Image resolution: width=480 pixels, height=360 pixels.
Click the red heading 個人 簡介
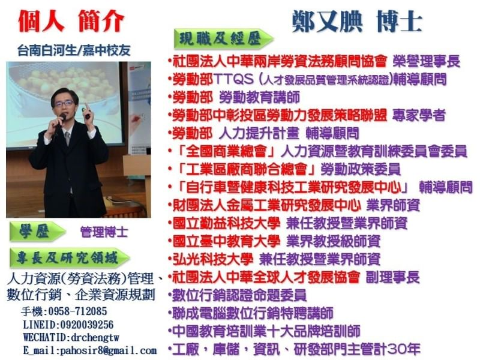pos(71,21)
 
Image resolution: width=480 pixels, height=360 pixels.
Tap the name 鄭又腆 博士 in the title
pos(357,22)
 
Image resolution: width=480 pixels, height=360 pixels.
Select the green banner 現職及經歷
pos(223,39)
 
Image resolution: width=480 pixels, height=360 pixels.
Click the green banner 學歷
pos(37,232)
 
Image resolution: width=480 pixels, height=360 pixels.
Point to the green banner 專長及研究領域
pos(70,258)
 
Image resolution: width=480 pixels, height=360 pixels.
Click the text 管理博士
pos(104,232)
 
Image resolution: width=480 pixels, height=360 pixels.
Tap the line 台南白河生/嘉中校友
pos(74,50)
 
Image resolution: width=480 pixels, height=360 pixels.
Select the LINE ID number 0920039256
pos(87,325)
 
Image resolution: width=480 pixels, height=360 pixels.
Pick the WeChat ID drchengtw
pos(95,338)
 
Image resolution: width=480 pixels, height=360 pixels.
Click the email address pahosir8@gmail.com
pos(109,350)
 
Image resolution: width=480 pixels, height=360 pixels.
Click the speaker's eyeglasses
pos(64,103)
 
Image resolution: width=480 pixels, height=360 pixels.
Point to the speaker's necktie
pos(67,139)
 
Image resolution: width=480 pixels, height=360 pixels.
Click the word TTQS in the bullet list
pos(234,80)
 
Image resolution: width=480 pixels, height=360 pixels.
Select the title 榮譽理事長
pos(427,61)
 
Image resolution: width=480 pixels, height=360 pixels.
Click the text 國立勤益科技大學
pos(227,223)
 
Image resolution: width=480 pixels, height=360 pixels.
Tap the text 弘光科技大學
pos(213,259)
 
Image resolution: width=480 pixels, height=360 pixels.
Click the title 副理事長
pos(393,277)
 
